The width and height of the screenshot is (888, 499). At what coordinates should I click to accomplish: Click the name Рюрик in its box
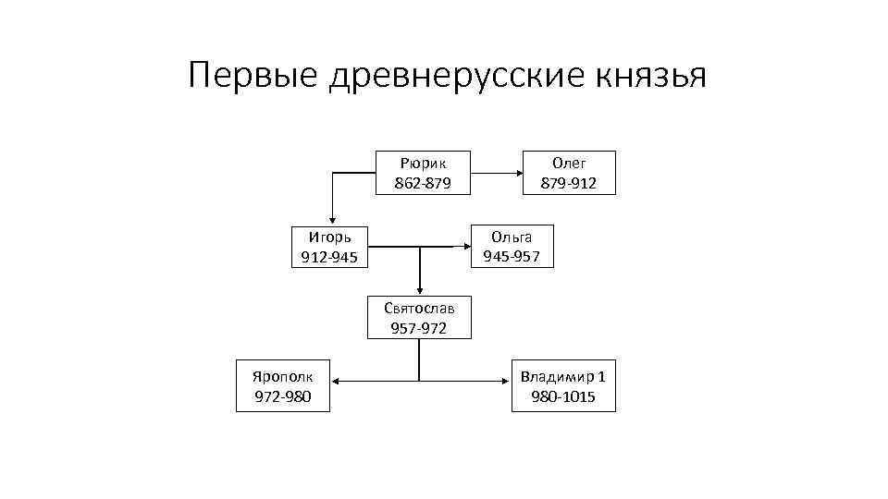tap(423, 163)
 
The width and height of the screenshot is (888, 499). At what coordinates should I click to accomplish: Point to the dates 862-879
tap(423, 183)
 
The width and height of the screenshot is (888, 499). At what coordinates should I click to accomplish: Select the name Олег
tap(569, 163)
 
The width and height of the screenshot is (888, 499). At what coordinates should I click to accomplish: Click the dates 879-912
tap(569, 183)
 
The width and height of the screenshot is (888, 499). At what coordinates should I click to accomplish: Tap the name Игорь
tap(329, 237)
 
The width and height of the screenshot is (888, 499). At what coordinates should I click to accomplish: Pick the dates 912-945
tap(329, 257)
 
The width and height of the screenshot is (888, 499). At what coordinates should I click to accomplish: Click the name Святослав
tap(419, 309)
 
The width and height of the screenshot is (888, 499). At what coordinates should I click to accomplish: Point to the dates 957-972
tap(419, 328)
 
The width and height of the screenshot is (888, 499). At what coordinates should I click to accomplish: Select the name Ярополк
tap(283, 377)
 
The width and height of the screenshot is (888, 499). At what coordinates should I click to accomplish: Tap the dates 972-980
tap(283, 397)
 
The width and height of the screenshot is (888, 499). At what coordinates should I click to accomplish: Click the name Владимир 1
tap(563, 377)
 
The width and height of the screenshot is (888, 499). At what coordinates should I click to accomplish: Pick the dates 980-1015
tap(563, 397)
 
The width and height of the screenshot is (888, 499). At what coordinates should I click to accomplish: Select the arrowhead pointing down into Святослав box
tap(419, 290)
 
